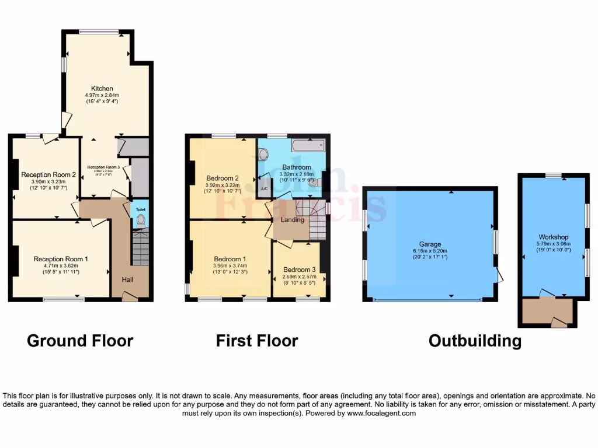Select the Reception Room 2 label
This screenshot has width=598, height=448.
[x=48, y=174]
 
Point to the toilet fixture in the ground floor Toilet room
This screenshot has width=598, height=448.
[x=140, y=220]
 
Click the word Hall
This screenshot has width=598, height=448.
[x=127, y=280]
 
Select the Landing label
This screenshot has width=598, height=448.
[x=293, y=220]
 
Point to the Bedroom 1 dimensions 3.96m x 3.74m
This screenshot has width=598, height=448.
[x=228, y=266]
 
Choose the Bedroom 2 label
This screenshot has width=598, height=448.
[x=222, y=178]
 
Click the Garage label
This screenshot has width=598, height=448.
[x=429, y=244]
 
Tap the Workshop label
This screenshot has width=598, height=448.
[x=553, y=237]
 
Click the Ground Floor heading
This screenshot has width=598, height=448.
[x=80, y=341]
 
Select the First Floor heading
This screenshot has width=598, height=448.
[x=257, y=341]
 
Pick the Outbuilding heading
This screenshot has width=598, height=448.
[x=475, y=341]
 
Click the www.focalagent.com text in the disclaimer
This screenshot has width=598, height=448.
[x=381, y=413]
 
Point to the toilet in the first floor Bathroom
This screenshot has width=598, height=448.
[x=263, y=155]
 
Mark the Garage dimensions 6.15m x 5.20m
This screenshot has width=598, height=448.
[x=429, y=251]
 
